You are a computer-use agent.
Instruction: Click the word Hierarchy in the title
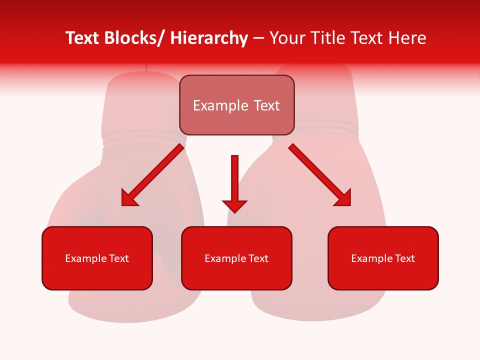tap(209, 38)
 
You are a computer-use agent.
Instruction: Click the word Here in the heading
tap(406, 38)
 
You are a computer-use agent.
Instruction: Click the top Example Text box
tap(236, 105)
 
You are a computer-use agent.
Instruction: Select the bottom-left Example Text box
tap(97, 258)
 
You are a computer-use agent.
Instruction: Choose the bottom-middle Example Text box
tap(236, 258)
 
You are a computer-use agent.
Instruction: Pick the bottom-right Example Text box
tap(383, 258)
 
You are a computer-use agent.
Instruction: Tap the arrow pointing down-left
tap(152, 175)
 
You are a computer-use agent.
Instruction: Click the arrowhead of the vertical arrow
tap(234, 205)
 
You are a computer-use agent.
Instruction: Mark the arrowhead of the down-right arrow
tap(343, 198)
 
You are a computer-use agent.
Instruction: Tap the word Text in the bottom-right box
tap(404, 258)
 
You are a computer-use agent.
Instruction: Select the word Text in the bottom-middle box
tap(258, 258)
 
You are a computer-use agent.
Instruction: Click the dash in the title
tap(258, 39)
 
